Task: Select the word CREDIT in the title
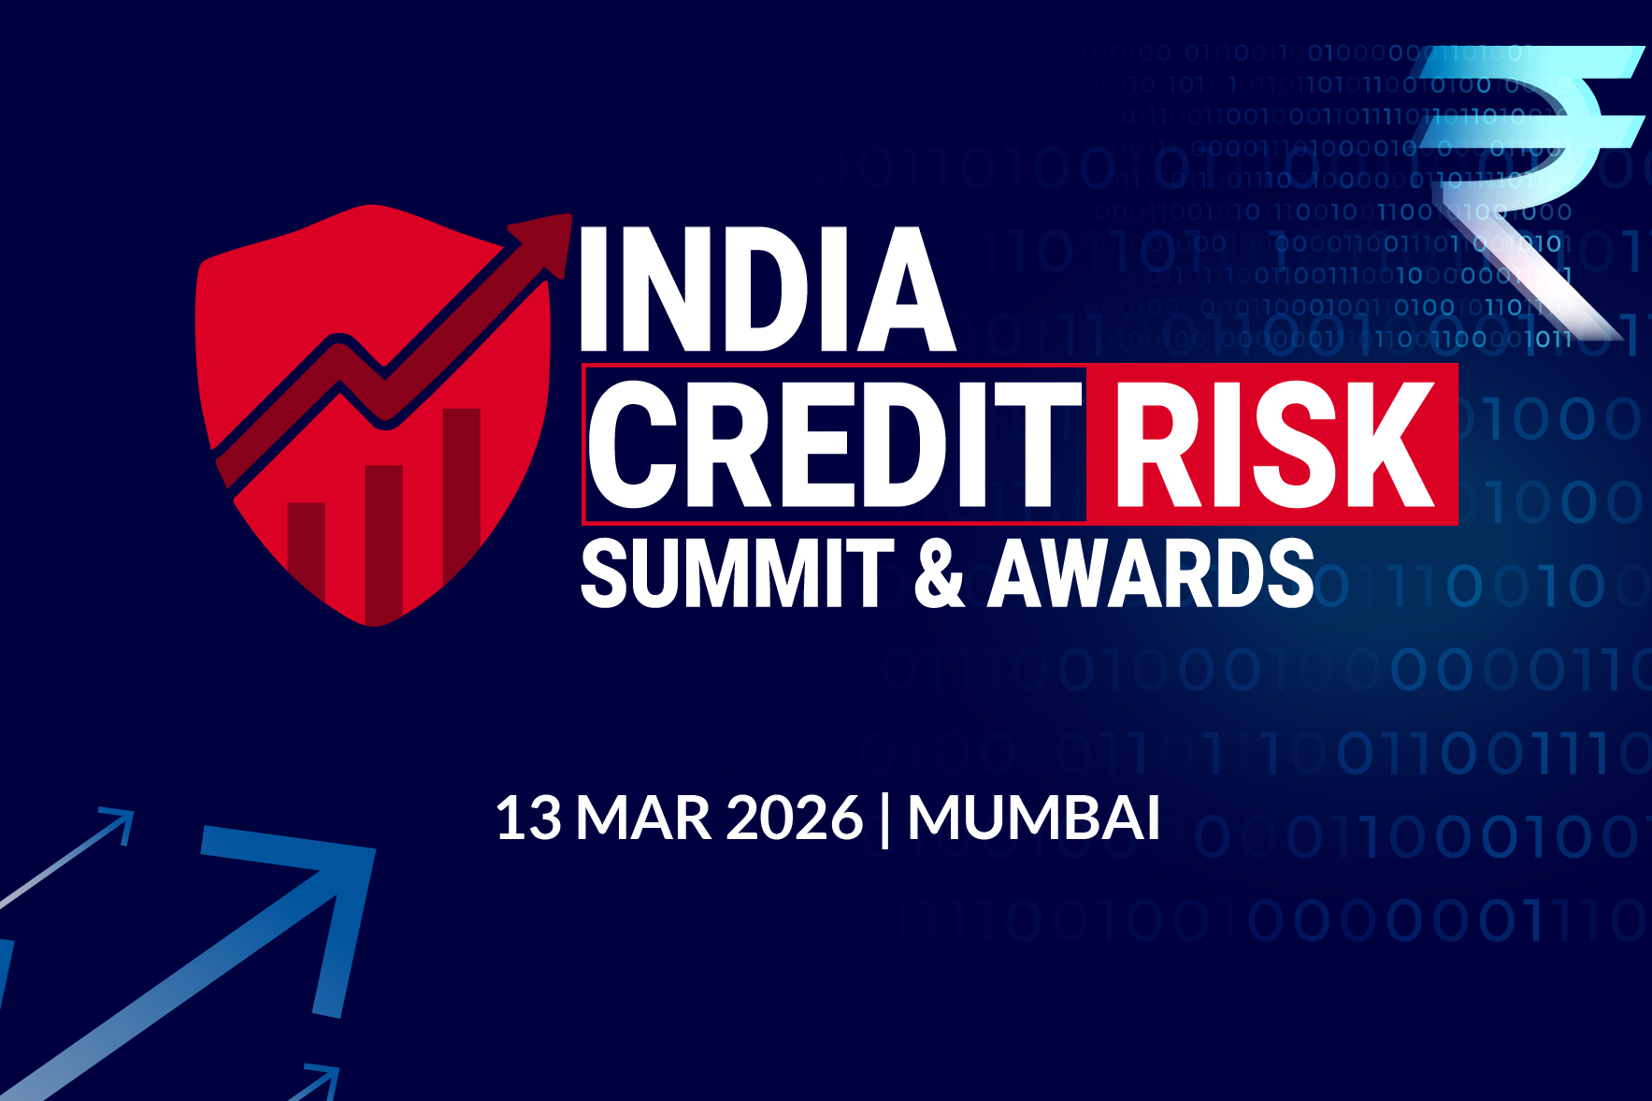point(832,444)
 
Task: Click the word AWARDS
point(1152,572)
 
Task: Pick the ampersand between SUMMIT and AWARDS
point(939,572)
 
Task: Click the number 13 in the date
point(528,819)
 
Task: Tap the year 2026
point(793,819)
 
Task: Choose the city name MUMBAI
point(1034,819)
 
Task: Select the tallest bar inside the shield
point(461,486)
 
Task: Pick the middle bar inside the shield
point(383,538)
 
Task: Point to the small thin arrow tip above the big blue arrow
point(119,823)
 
